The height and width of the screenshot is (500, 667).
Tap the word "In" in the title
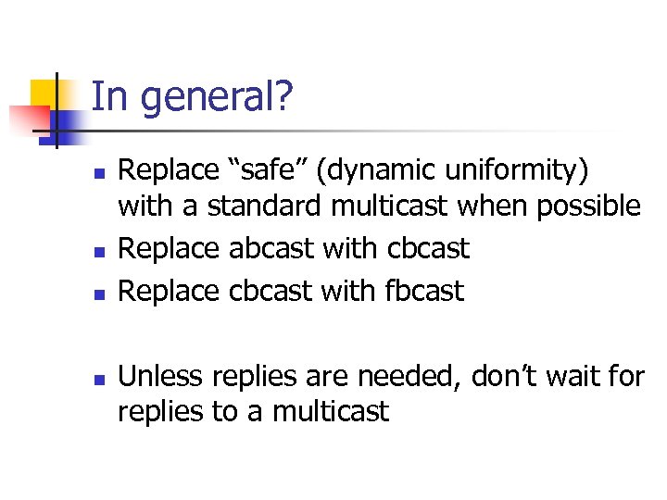[109, 96]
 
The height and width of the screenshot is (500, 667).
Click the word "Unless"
[162, 376]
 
